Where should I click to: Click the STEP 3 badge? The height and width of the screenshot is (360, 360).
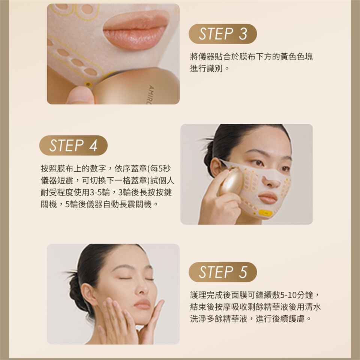222,34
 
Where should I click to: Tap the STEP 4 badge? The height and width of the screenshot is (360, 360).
73,145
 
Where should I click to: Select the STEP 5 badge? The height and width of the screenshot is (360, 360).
222,272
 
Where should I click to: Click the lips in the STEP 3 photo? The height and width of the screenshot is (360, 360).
136,31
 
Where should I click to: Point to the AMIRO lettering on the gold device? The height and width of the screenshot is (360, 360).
151,94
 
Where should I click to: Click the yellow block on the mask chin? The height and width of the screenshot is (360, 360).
265,213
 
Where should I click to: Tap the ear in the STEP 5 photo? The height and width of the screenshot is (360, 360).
88,295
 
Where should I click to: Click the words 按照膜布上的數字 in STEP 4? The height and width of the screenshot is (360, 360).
73,168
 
